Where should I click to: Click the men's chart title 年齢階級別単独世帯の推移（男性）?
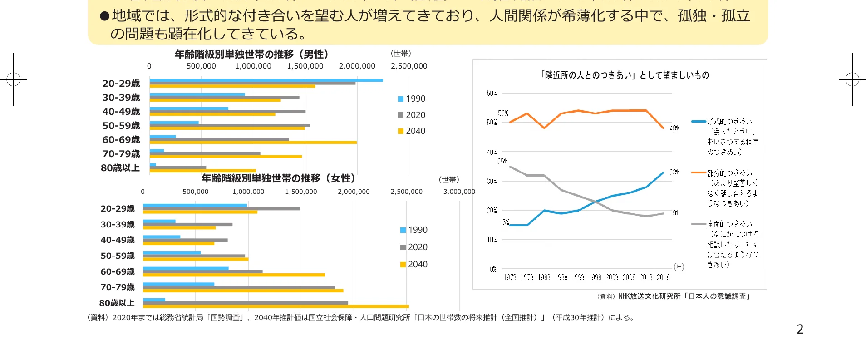[x=251, y=54]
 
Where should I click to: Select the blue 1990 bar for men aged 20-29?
[x=266, y=80]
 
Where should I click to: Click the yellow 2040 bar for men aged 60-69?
[x=253, y=143]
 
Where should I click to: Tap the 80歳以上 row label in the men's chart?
[x=120, y=168]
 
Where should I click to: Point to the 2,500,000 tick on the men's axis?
[x=409, y=66]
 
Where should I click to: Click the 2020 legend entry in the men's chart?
[x=412, y=115]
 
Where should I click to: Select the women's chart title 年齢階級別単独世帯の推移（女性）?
[x=278, y=178]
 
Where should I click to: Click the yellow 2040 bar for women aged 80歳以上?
[x=276, y=306]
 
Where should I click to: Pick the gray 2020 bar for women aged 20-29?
[x=221, y=209]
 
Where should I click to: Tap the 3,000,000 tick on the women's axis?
[x=459, y=192]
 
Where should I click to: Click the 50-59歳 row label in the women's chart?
[x=118, y=256]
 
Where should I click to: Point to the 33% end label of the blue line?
[x=674, y=173]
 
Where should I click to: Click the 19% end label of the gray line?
[x=674, y=213]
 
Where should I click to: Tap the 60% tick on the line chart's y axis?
[x=492, y=93]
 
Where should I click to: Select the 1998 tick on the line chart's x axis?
[x=595, y=277]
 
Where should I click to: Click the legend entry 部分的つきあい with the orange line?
[x=729, y=173]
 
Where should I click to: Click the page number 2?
[x=800, y=330]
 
